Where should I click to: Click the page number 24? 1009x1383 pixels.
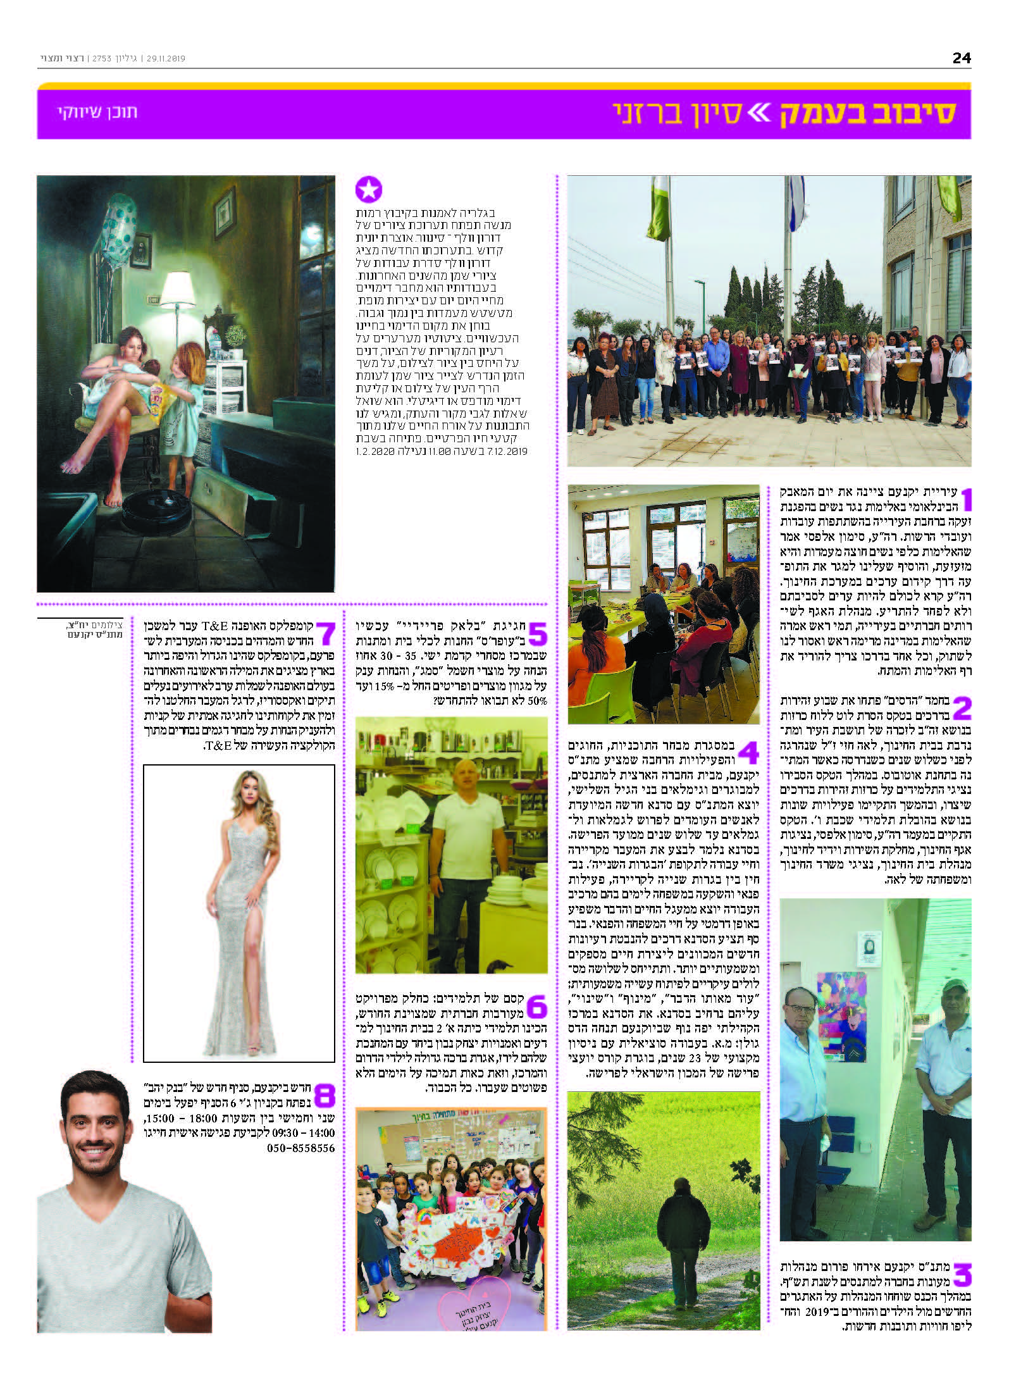[961, 58]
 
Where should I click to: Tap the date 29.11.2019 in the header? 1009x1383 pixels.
[166, 59]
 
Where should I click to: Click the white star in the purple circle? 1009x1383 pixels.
[369, 189]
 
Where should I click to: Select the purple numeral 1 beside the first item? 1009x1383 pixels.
[965, 499]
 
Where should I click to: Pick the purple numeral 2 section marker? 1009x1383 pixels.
[961, 708]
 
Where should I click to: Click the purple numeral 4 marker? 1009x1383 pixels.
[748, 753]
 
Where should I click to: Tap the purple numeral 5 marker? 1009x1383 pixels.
[537, 634]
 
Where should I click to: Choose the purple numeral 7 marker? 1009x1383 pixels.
[325, 634]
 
